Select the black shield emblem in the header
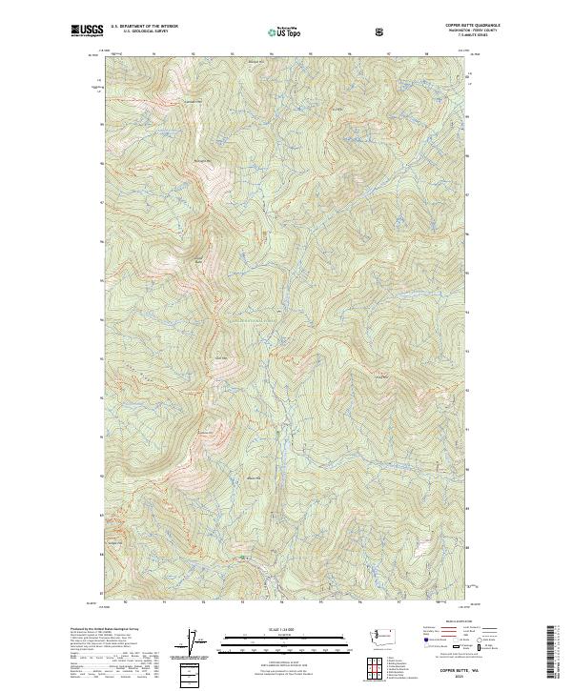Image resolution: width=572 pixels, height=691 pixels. (379, 32)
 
